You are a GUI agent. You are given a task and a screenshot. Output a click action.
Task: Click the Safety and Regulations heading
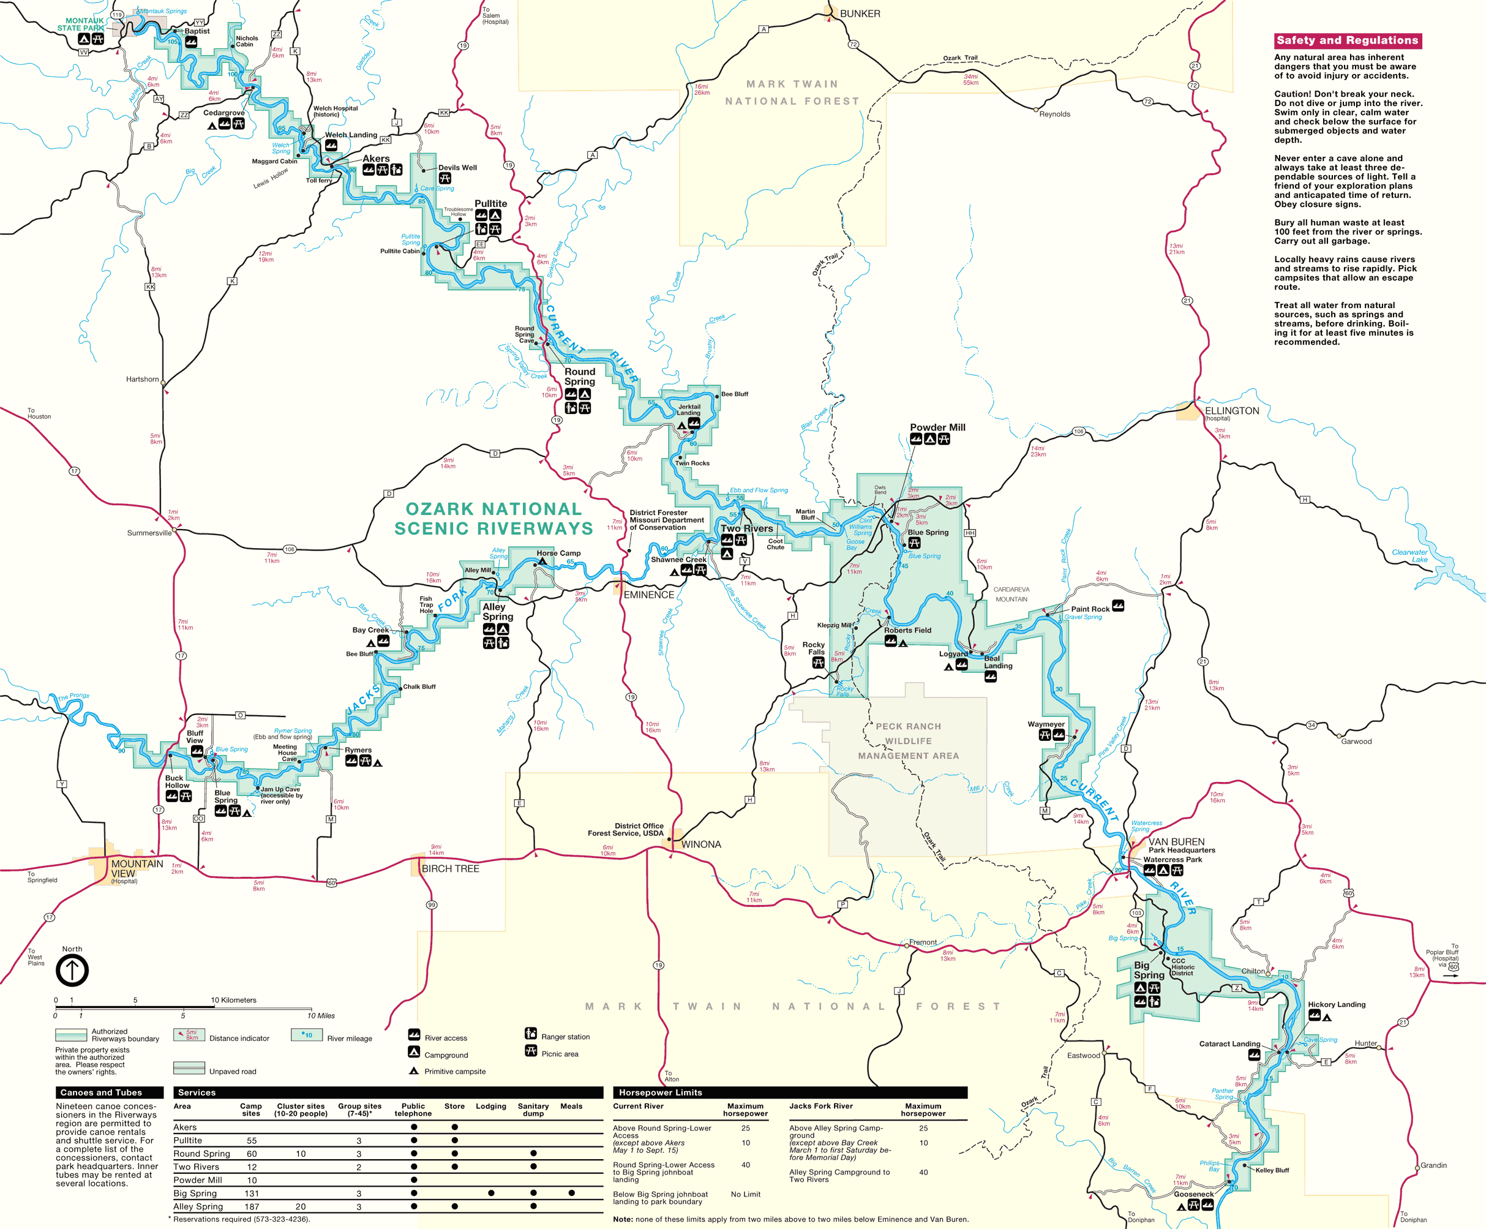coord(1347,40)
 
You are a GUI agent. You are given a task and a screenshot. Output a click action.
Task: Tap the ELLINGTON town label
coord(1232,410)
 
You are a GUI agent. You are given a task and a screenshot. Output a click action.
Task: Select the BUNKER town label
coord(860,13)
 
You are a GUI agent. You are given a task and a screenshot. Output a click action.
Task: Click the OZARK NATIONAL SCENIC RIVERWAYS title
coord(493,519)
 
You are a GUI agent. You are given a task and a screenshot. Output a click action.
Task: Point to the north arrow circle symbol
coord(72,970)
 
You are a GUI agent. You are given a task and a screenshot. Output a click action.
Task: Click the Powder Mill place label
coord(937,427)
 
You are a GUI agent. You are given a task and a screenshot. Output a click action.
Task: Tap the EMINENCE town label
coord(648,595)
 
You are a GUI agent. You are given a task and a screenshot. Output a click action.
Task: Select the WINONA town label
coord(700,844)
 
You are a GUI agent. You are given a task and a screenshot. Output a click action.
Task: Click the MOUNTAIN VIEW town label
coord(136,868)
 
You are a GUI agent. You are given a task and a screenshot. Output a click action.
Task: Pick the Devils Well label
coord(457,168)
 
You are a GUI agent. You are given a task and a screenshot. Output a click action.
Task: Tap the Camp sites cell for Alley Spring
coord(252,1206)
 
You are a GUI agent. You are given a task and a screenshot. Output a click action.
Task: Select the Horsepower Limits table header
coord(660,1092)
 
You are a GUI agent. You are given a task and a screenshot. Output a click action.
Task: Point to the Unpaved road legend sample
coord(189,1068)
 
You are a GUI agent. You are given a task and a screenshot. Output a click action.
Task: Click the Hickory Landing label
coord(1336,1004)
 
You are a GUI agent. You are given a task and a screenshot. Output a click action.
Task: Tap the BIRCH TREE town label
coord(450,868)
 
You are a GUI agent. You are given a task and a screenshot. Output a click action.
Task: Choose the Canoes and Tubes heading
coord(101,1092)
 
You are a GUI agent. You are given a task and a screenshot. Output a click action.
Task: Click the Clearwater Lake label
coord(1409,555)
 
